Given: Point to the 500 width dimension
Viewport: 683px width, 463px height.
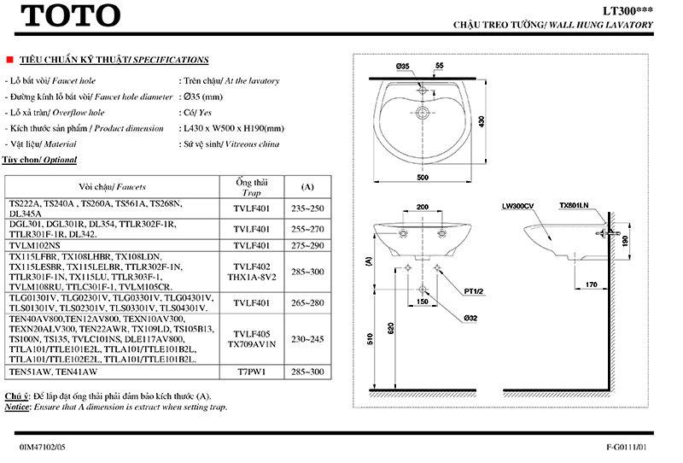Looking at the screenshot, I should pyautogui.click(x=422, y=177).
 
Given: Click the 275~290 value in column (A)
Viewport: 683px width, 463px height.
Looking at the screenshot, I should pyautogui.click(x=307, y=244).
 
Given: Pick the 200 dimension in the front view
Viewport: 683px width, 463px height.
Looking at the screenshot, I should pyautogui.click(x=422, y=207).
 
